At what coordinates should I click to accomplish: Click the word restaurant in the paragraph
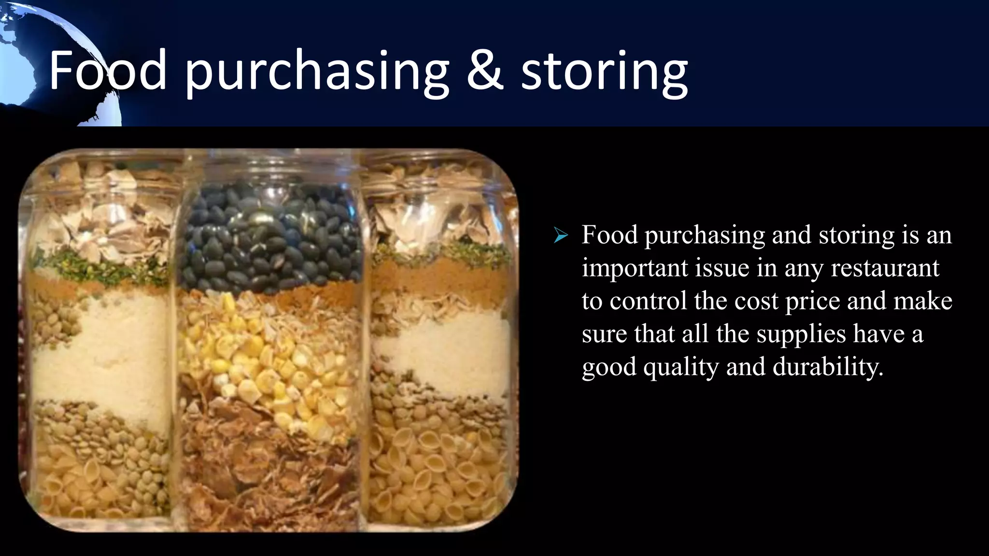885,268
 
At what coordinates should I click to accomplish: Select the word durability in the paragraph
828,367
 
